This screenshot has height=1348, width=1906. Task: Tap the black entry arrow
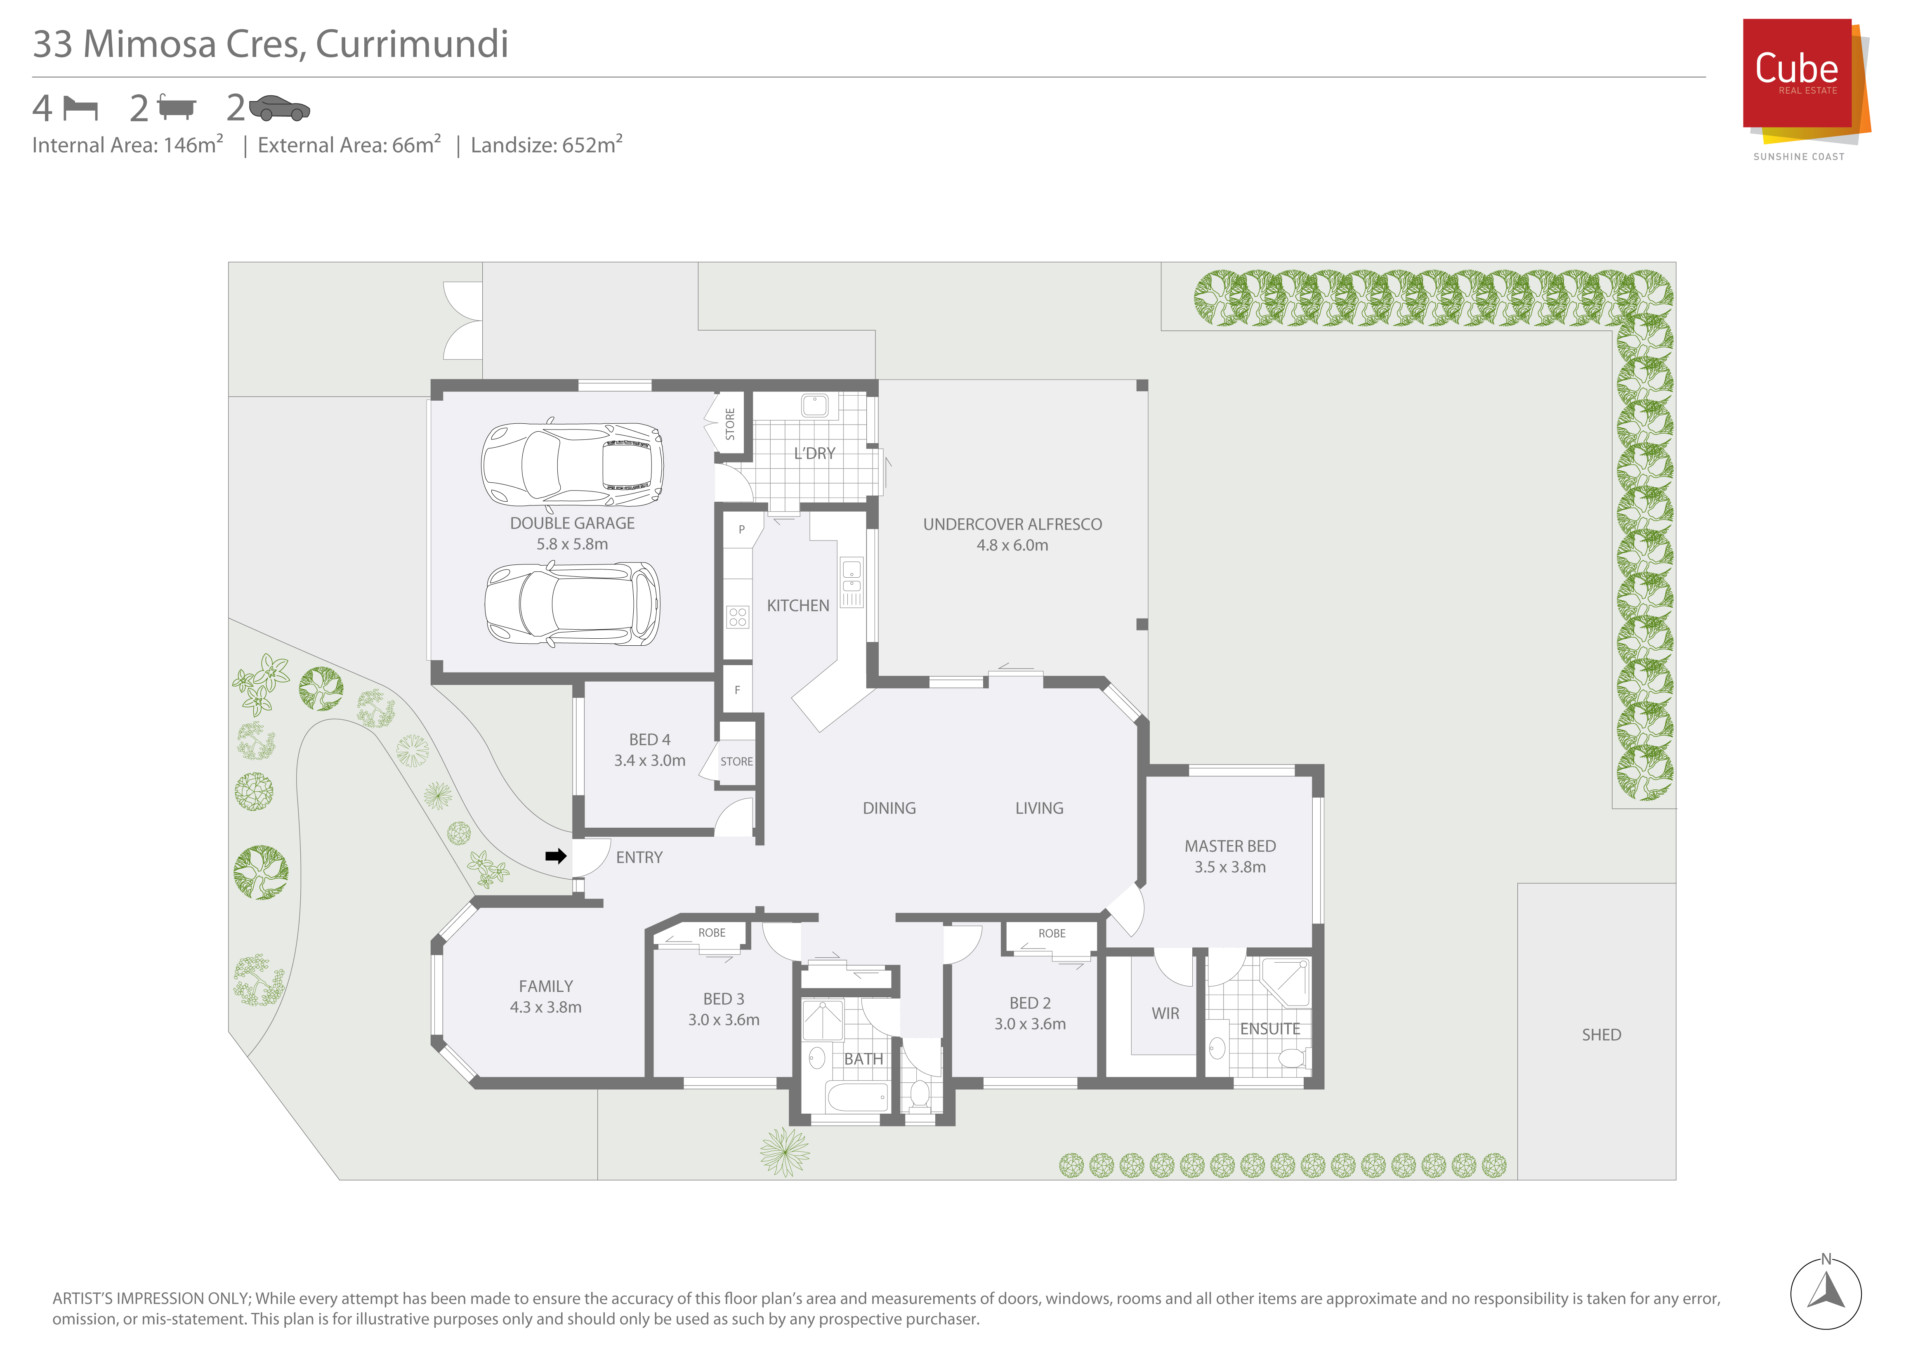(x=555, y=856)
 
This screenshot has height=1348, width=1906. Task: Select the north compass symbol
(x=1826, y=1292)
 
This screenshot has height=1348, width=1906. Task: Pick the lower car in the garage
(x=572, y=604)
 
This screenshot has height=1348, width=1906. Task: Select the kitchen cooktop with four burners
(x=737, y=617)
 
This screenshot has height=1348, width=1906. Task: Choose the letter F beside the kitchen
(x=737, y=690)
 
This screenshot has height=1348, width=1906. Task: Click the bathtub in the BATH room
(x=858, y=1098)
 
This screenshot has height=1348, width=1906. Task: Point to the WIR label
(x=1165, y=1013)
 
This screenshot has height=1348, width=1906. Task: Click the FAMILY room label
(x=545, y=986)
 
